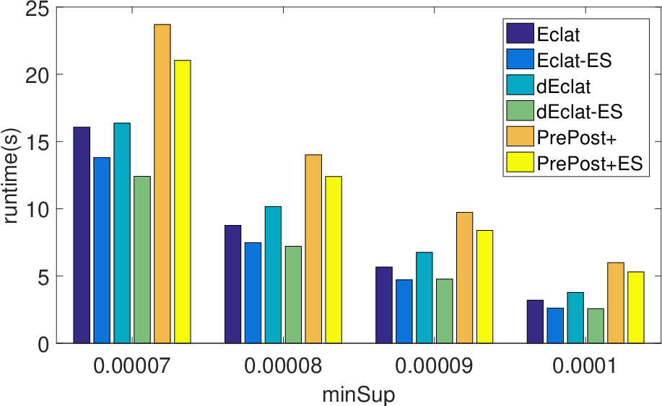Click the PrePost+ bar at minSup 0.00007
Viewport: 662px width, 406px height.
162,184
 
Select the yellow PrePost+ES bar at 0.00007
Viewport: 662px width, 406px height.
183,201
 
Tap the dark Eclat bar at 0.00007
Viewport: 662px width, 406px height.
82,235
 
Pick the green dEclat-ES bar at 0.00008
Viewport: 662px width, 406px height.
293,295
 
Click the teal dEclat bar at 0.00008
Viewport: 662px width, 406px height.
273,275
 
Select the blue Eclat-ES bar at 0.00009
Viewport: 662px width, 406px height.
404,312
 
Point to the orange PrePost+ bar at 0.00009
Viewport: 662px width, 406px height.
464,278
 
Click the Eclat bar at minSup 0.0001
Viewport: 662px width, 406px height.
535,322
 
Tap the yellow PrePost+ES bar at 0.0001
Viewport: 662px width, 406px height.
636,307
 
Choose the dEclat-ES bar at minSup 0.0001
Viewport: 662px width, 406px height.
596,326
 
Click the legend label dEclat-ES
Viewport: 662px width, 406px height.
579,112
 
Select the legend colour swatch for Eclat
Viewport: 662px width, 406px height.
520,33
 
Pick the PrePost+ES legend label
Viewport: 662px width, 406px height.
589,163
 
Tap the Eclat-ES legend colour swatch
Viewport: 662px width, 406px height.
520,59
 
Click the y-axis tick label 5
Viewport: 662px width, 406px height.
43,277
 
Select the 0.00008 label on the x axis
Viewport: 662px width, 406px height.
283,366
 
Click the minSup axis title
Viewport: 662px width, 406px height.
359,395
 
